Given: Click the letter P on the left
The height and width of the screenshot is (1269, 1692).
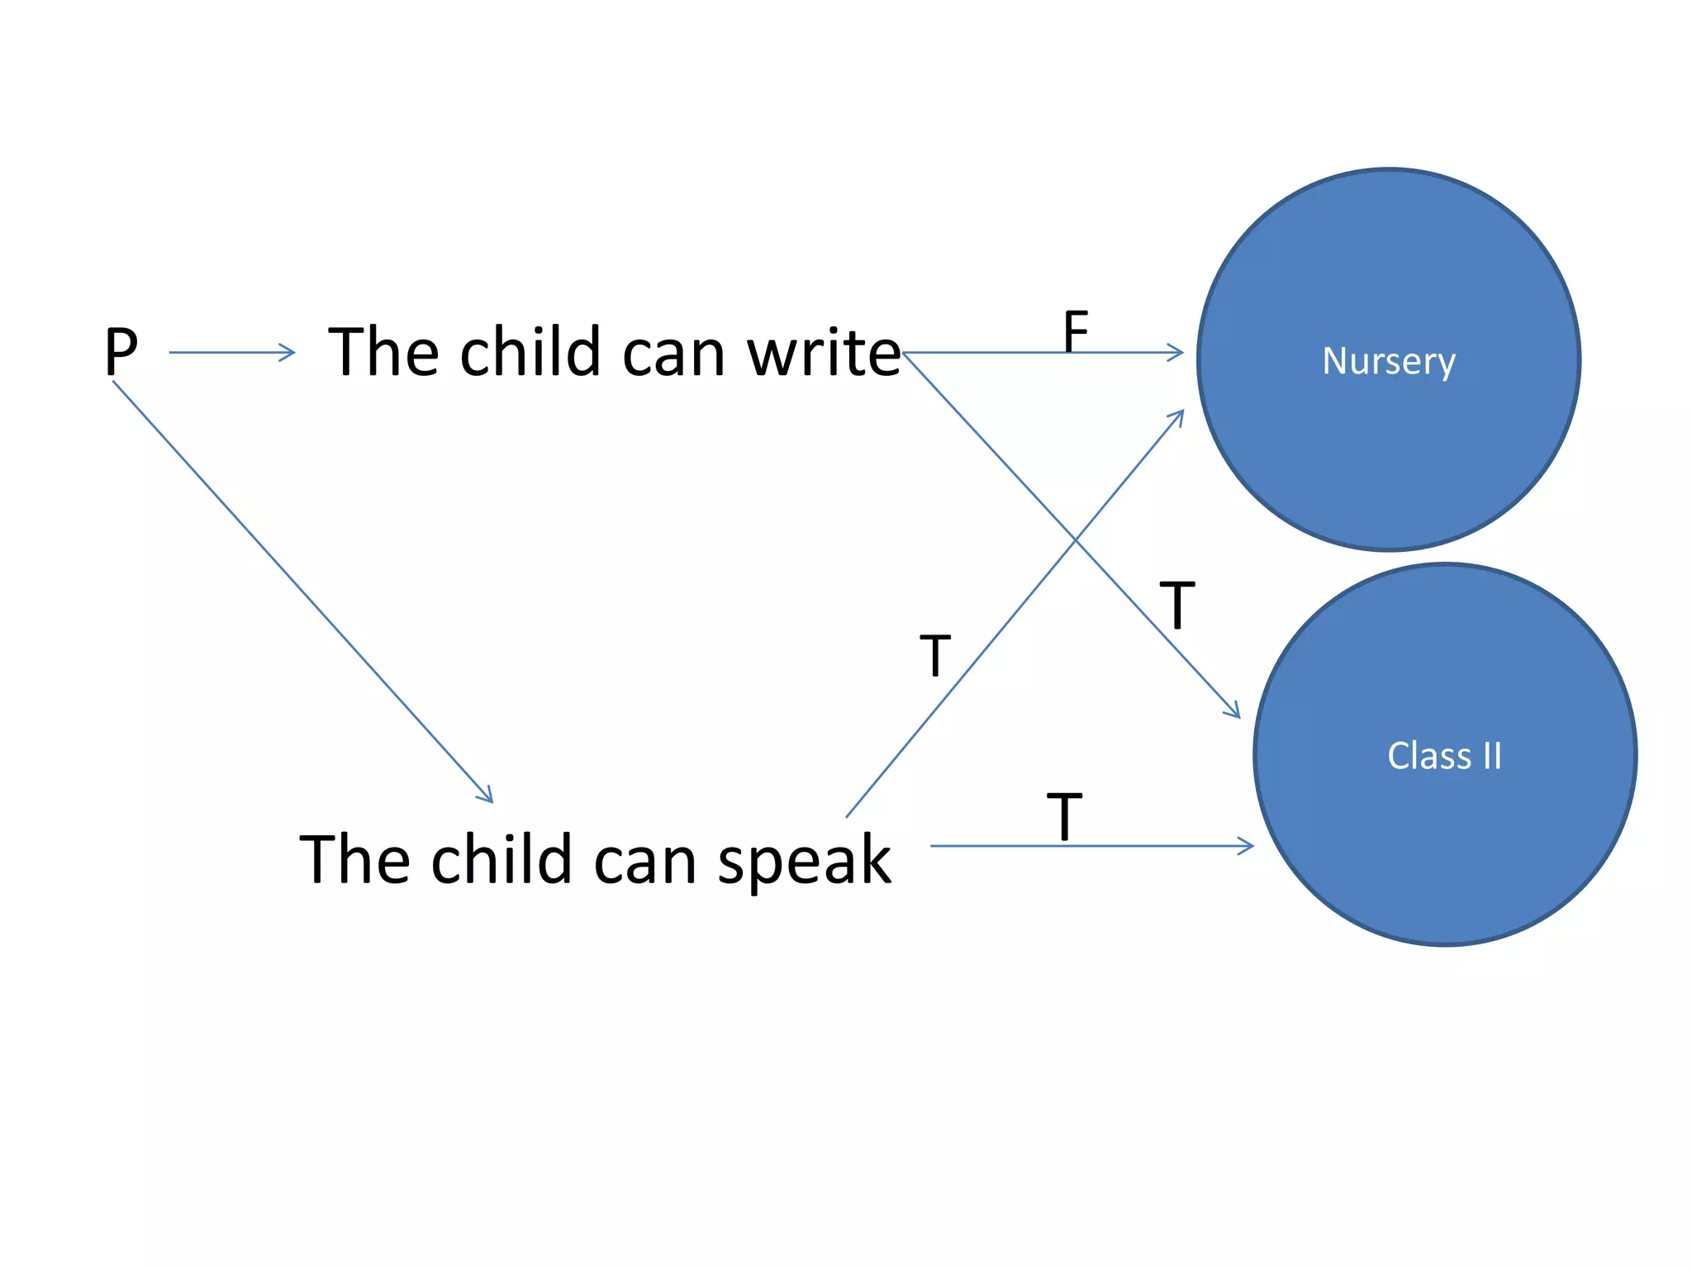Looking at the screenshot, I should tap(121, 353).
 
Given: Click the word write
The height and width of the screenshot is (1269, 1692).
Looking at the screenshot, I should tap(824, 354).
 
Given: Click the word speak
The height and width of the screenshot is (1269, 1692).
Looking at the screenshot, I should tap(804, 861).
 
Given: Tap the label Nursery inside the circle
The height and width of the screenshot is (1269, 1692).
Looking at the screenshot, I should tap(1389, 361).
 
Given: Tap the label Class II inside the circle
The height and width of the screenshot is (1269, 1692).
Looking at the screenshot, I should tap(1444, 756).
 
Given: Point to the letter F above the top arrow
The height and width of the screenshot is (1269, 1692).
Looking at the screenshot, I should tap(1075, 330).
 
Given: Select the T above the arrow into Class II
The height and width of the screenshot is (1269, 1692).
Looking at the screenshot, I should tap(1064, 817).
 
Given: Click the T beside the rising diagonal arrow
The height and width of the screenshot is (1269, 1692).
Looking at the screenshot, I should tap(935, 657).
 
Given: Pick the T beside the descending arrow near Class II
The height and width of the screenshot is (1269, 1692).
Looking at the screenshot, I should tap(1176, 606).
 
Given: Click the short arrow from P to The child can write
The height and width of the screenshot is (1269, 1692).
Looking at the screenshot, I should tap(231, 353).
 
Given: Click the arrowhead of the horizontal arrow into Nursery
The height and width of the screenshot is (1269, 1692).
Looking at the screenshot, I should tap(1177, 353).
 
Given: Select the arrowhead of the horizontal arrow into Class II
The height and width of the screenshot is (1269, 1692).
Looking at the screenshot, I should tap(1248, 846).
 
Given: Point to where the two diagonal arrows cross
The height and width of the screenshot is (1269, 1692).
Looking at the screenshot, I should tap(1075, 541).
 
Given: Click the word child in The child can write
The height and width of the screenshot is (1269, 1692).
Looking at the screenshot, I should tap(529, 354).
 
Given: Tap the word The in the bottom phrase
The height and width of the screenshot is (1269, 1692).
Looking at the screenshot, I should tap(354, 861).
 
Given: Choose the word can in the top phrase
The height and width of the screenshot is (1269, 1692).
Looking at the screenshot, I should tap(673, 354).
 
